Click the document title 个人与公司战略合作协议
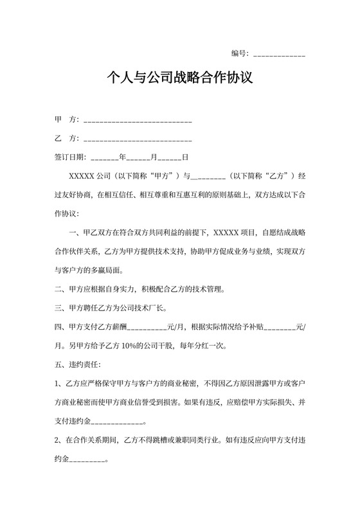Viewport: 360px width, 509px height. tap(179, 79)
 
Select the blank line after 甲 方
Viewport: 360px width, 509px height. tap(138, 121)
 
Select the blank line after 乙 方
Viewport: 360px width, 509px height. tap(138, 139)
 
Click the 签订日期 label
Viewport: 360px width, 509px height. tap(69, 157)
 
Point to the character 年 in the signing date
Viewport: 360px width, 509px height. tap(122, 157)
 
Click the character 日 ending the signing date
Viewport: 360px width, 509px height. tap(184, 157)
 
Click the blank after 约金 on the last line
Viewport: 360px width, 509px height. tap(90, 460)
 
